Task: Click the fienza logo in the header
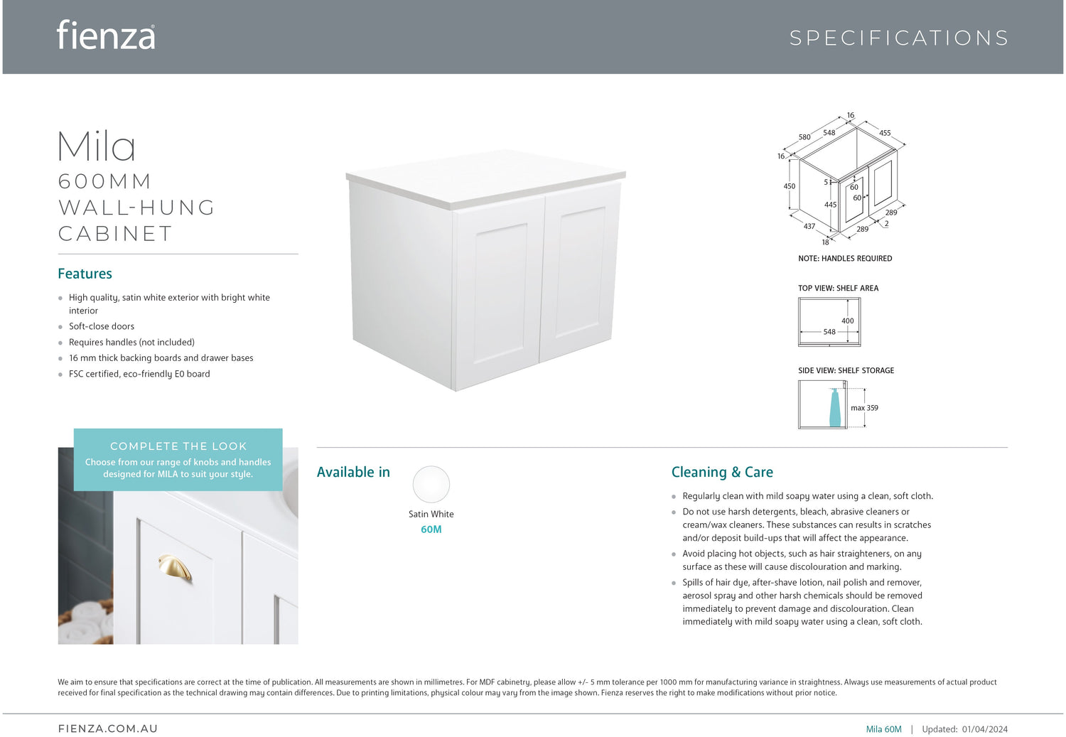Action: coord(106,36)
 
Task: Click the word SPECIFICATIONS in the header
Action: coord(899,38)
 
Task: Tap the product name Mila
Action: coord(97,146)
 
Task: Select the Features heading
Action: coord(85,274)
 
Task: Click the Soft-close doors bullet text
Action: coord(102,326)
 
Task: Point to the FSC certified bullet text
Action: coord(139,374)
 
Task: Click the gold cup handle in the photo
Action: coord(175,567)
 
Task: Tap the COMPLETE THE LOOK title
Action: coord(178,446)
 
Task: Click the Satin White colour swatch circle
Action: coord(431,485)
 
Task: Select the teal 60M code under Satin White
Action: coord(431,529)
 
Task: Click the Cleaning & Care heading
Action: coord(722,472)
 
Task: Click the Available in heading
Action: coord(353,472)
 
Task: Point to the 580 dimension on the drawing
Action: coord(804,137)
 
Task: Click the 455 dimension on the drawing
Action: coord(885,133)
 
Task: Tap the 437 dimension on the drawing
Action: coord(809,227)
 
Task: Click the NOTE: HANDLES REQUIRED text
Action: coord(845,259)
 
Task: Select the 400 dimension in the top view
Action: coord(848,321)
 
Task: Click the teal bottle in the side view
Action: coord(835,409)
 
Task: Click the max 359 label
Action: coord(865,408)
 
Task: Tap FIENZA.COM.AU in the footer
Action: coord(108,728)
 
